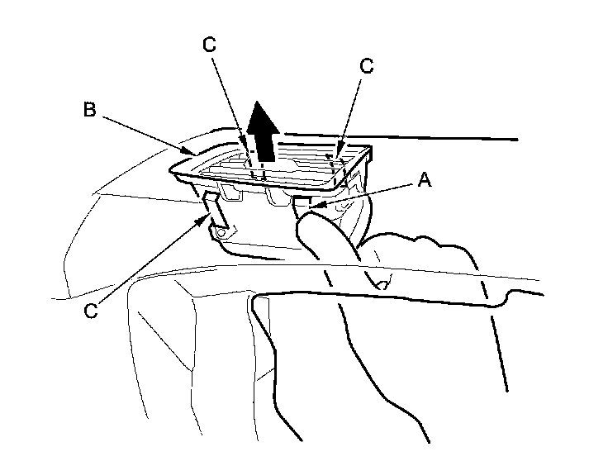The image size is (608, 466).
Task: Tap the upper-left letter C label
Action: click(209, 45)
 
